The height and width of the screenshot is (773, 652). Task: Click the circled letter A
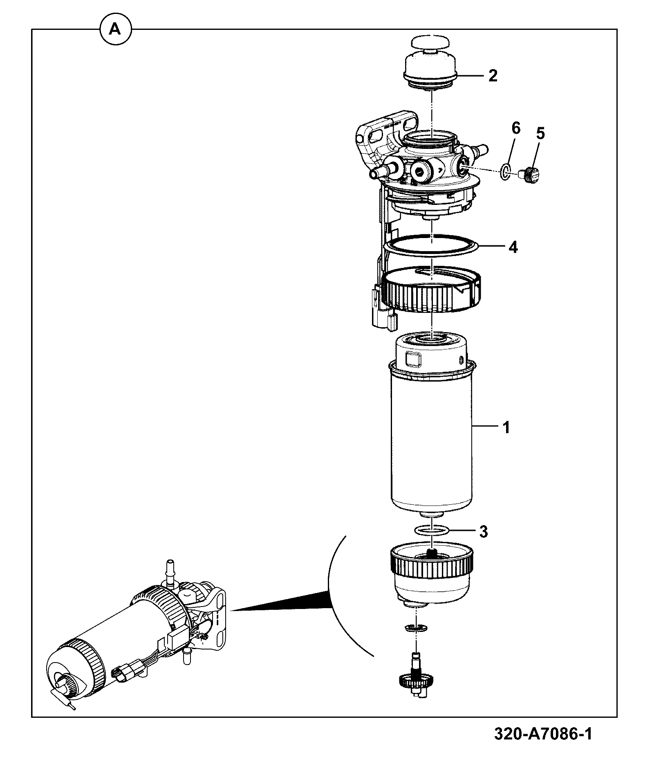click(x=116, y=29)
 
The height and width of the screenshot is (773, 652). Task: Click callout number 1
click(x=506, y=428)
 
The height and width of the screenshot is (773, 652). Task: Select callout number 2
click(x=493, y=76)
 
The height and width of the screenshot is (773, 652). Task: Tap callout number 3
click(x=484, y=532)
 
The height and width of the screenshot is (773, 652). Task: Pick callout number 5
click(x=540, y=133)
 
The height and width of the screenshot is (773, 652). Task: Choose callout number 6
click(x=516, y=128)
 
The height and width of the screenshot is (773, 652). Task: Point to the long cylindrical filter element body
click(x=432, y=434)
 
